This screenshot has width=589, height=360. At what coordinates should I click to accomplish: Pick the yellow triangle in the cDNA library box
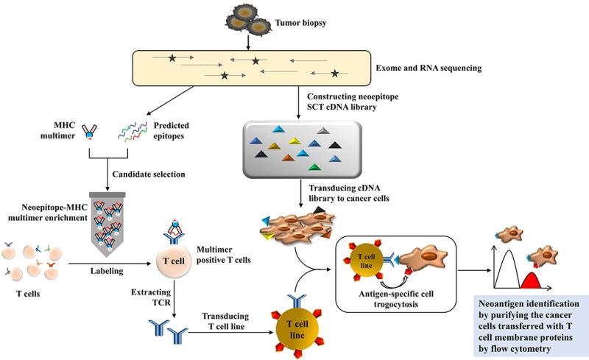coord(294,141)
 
